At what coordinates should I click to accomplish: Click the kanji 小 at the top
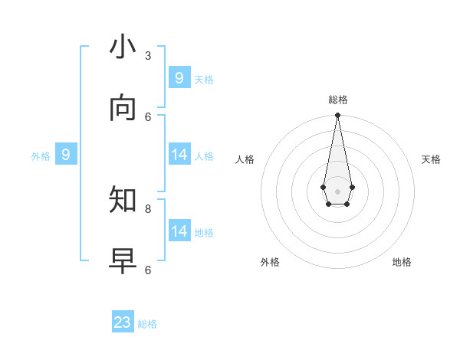(x=123, y=47)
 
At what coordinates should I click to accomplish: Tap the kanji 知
(x=123, y=201)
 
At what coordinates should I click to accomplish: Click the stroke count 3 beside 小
(x=148, y=55)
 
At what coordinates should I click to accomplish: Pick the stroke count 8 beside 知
(x=148, y=208)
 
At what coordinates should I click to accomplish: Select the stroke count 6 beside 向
(x=148, y=116)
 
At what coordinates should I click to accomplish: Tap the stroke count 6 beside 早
(x=148, y=270)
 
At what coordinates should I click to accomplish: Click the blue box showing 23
(x=123, y=322)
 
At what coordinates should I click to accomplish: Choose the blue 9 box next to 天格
(x=179, y=78)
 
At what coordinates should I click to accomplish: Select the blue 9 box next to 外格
(x=66, y=155)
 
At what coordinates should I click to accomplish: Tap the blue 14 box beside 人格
(x=179, y=155)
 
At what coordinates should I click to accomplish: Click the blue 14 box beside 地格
(x=179, y=231)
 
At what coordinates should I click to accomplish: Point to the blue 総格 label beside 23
(x=147, y=324)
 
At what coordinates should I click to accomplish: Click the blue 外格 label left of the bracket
(x=41, y=156)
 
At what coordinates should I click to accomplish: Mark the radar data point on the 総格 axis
(x=337, y=116)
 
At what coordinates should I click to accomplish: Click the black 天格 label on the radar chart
(x=431, y=159)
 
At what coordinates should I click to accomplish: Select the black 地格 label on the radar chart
(x=402, y=262)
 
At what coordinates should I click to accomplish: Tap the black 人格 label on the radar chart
(x=245, y=159)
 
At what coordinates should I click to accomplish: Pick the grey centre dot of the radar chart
(x=337, y=191)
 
